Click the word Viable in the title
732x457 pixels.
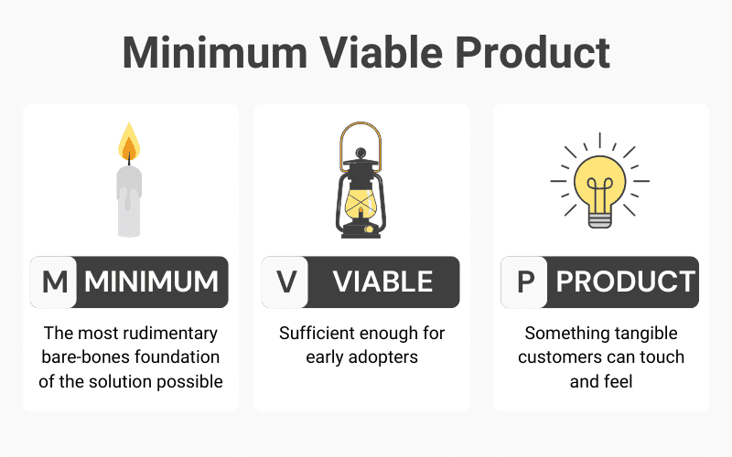click(381, 52)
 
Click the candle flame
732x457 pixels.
click(129, 142)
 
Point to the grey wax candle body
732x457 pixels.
click(129, 201)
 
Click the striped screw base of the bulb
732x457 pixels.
click(600, 220)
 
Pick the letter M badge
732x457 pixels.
click(54, 282)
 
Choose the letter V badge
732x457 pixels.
click(285, 282)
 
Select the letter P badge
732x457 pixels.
click(524, 282)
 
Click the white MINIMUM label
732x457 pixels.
click(151, 282)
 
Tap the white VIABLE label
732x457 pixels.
click(382, 282)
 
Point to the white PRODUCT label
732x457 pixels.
click(626, 282)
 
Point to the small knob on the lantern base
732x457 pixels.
click(369, 229)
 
